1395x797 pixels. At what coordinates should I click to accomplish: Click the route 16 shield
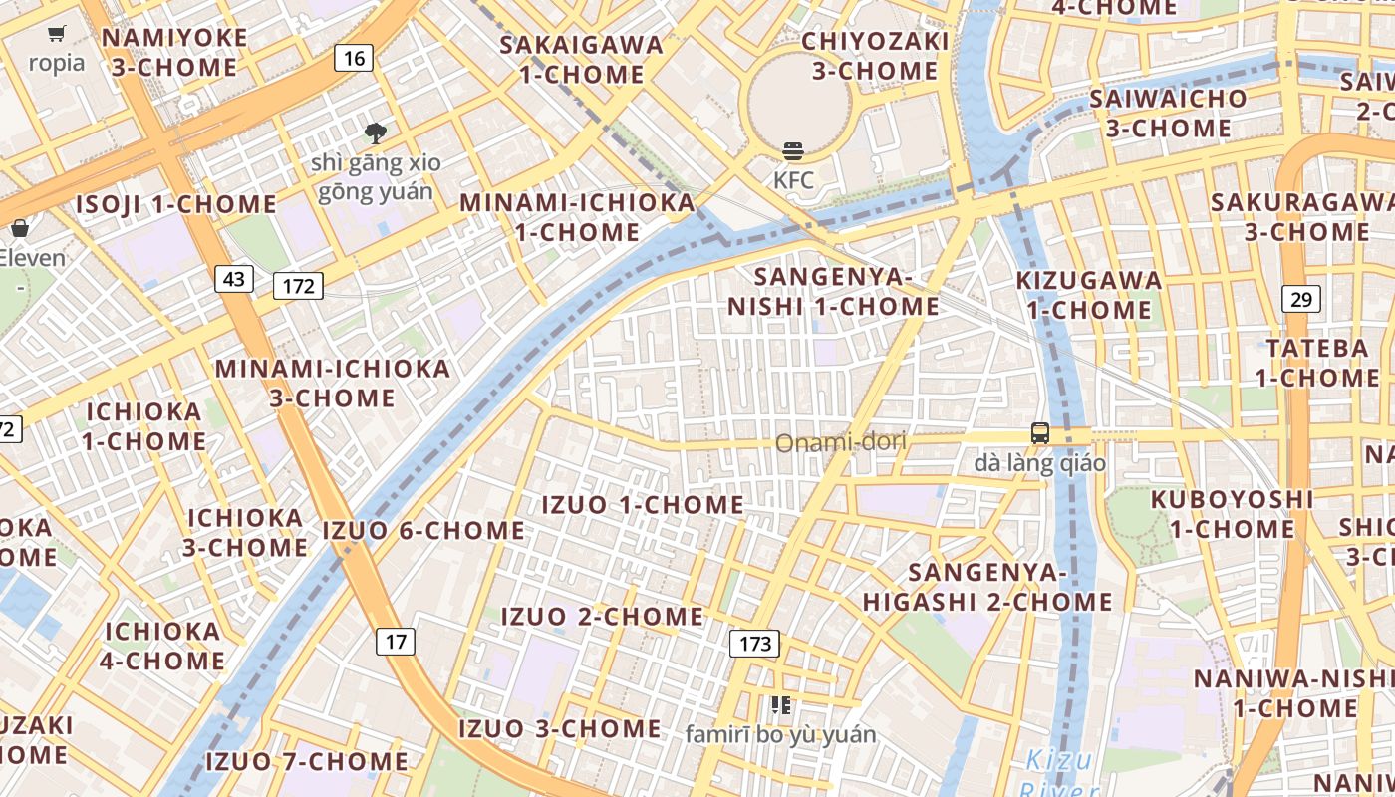[x=354, y=58]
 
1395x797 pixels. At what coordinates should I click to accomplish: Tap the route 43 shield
[x=234, y=279]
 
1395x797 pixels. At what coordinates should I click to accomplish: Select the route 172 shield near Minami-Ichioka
[x=298, y=287]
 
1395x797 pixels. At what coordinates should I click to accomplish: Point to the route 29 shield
[x=1302, y=298]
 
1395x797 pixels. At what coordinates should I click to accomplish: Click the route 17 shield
[x=396, y=641]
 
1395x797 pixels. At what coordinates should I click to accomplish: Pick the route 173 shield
[x=754, y=644]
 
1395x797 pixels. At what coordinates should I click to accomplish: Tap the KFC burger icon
[x=793, y=151]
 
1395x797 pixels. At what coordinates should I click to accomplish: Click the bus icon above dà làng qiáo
[x=1040, y=433]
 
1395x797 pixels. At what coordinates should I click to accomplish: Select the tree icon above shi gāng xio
[x=375, y=133]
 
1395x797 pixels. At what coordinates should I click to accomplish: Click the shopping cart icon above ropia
[x=57, y=34]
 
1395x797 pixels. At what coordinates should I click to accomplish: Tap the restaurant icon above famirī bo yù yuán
[x=780, y=705]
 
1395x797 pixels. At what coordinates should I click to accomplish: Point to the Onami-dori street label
[x=840, y=441]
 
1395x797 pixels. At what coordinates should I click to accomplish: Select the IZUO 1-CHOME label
[x=642, y=505]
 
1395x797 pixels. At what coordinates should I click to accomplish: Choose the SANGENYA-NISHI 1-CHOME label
[x=833, y=291]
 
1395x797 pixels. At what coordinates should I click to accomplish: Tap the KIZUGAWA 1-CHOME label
[x=1089, y=295]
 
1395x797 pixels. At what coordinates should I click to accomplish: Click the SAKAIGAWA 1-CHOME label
[x=581, y=59]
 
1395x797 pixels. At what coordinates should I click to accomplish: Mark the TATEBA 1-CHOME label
[x=1316, y=363]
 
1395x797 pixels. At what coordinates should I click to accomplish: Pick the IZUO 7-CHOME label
[x=306, y=762]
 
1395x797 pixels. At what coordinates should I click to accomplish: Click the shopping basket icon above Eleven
[x=19, y=228]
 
